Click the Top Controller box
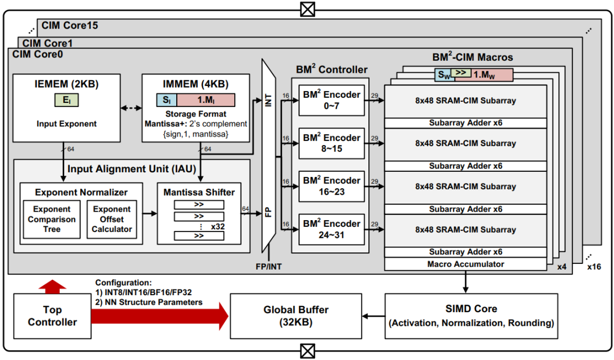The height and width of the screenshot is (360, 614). [x=52, y=316]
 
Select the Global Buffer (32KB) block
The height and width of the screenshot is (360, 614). [x=296, y=316]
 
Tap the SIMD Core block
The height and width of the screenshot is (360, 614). [x=471, y=316]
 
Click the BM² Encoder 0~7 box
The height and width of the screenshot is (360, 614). [x=331, y=100]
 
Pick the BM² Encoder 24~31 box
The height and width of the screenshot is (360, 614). [x=331, y=230]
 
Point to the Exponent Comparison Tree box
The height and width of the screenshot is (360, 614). [x=52, y=220]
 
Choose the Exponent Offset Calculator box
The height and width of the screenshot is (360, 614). [x=111, y=220]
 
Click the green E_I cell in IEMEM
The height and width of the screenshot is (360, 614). [x=67, y=100]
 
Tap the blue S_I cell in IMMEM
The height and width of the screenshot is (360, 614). [x=167, y=100]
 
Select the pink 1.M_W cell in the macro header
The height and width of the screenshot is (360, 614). [x=484, y=75]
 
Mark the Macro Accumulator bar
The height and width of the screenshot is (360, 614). [x=466, y=264]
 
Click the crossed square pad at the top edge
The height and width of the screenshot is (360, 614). [x=308, y=9]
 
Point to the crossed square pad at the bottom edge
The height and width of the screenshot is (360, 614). [x=308, y=351]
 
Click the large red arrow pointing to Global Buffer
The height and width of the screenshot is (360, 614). [x=160, y=316]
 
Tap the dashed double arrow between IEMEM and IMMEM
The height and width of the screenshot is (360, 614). [x=131, y=107]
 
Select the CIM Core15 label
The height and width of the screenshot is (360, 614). [x=70, y=26]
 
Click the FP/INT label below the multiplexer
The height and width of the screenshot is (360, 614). [x=268, y=266]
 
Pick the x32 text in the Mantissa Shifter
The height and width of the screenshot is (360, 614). [x=218, y=226]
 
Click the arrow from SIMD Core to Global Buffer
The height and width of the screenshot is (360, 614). [x=374, y=316]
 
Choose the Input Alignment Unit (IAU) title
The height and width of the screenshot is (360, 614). [x=131, y=169]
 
